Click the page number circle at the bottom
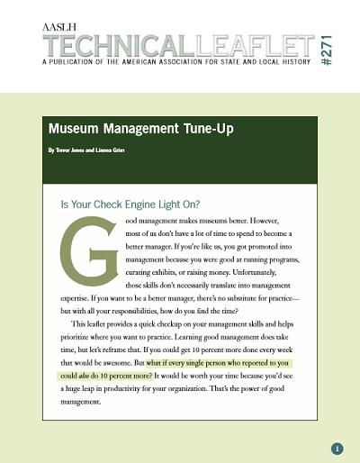[337, 448]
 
